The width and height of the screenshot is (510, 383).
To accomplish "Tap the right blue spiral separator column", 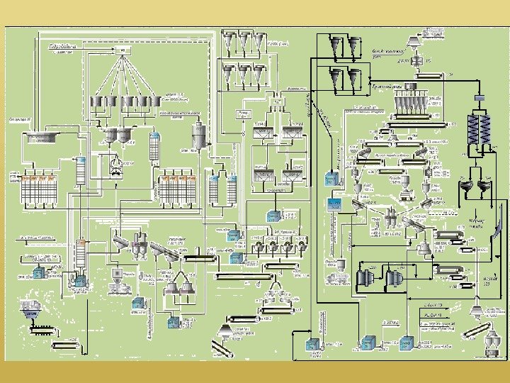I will pos(486,129).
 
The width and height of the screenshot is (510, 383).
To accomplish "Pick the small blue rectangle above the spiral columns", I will pos(478,96).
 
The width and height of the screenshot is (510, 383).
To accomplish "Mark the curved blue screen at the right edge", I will pos(500,228).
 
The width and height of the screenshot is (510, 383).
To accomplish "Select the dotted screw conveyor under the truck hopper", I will pos(42,328).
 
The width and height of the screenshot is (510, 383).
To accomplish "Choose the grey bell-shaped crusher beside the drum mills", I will pos(423,248).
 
